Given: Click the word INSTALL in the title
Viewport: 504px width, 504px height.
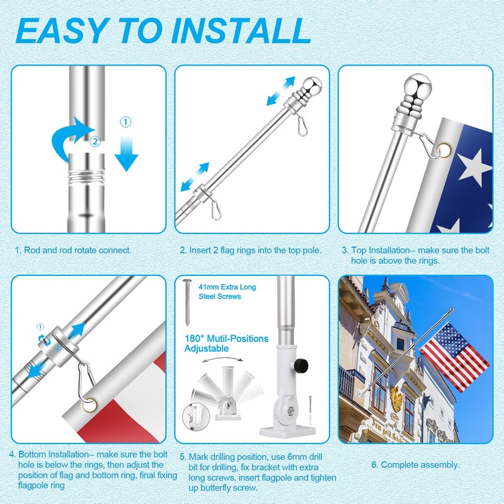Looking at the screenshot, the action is [241, 31].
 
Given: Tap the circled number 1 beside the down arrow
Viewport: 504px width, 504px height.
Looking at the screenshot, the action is [125, 122].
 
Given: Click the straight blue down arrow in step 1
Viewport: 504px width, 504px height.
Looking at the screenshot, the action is [127, 153].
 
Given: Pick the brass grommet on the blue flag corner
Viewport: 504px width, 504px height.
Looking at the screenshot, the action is [444, 151].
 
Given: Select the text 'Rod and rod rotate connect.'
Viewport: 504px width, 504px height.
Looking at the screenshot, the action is [77, 250].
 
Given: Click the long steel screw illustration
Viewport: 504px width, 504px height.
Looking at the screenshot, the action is [187, 302].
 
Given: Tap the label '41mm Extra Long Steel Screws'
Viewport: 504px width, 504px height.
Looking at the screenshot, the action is [227, 292].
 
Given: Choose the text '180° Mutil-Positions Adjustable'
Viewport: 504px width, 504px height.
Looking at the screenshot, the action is [226, 343].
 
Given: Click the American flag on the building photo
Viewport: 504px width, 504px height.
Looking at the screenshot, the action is [454, 357].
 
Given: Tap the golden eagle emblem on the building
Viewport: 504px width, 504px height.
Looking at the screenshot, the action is [396, 398].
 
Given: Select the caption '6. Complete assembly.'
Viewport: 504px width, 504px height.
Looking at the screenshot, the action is [416, 465].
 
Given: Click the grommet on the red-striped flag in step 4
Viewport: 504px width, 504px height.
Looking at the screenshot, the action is [89, 405].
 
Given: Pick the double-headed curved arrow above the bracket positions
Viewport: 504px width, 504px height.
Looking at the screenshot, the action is [222, 360].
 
